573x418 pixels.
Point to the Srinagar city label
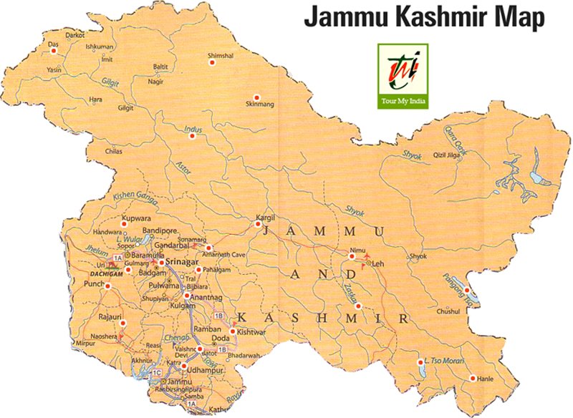[x=184, y=263]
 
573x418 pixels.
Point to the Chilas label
[x=114, y=152]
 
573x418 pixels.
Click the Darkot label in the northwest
[x=74, y=34]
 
